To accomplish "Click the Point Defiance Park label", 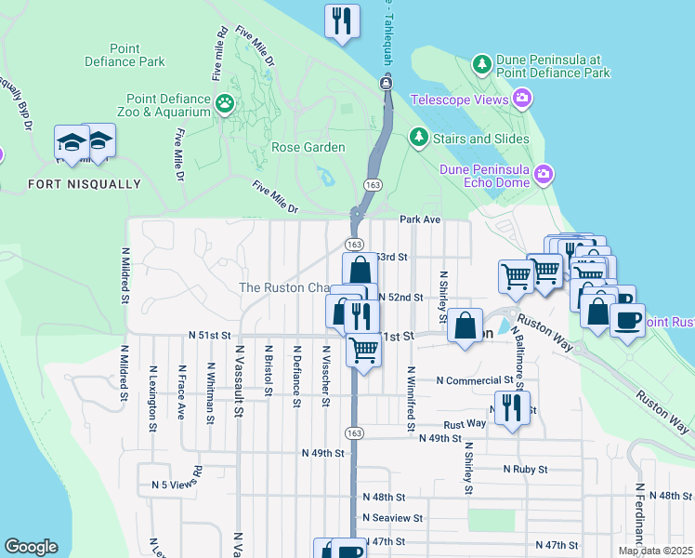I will tap(137, 55).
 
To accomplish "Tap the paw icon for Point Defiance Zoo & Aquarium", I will tap(225, 103).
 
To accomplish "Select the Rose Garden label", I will tap(308, 147).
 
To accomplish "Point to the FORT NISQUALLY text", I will tap(85, 184).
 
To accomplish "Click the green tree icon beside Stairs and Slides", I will tap(419, 139).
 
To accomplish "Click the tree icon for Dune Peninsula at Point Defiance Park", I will tap(482, 64).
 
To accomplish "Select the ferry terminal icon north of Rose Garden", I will tap(385, 84).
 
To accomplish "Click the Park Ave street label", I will tap(419, 220).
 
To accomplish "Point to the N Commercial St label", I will tap(475, 380).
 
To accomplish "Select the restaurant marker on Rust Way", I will tap(511, 407).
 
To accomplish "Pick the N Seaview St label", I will tap(392, 518).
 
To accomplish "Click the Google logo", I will tap(31, 548).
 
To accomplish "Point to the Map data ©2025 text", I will tap(655, 551).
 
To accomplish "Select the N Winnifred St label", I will tap(409, 399).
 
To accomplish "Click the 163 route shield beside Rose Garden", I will tap(371, 185).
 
